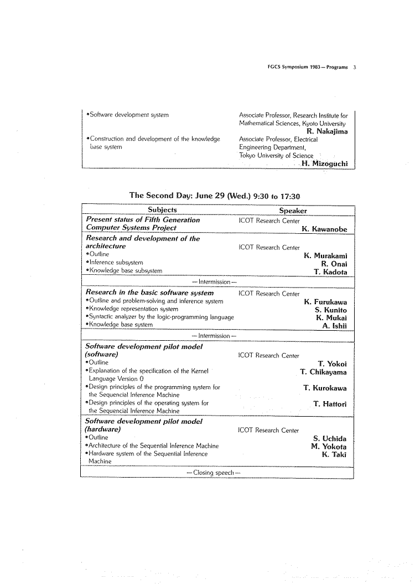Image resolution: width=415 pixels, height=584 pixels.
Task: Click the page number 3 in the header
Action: (x=354, y=67)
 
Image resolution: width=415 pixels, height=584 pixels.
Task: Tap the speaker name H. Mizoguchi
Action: (x=325, y=163)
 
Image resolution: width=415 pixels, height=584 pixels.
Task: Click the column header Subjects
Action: (x=163, y=210)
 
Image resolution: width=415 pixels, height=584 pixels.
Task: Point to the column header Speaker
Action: (x=293, y=211)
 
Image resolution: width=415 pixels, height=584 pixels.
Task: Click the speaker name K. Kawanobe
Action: (x=324, y=228)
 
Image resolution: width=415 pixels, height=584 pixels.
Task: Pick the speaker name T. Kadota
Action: (x=330, y=271)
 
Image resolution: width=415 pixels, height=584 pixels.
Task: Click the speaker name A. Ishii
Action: (x=334, y=326)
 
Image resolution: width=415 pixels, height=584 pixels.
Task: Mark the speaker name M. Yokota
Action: (x=329, y=447)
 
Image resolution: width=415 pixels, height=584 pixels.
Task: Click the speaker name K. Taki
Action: (x=334, y=455)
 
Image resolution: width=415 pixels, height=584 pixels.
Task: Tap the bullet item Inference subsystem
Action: (x=116, y=263)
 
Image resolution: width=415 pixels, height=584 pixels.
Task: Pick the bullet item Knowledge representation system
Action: (x=133, y=309)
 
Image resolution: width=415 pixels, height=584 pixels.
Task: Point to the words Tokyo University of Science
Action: (x=276, y=156)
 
